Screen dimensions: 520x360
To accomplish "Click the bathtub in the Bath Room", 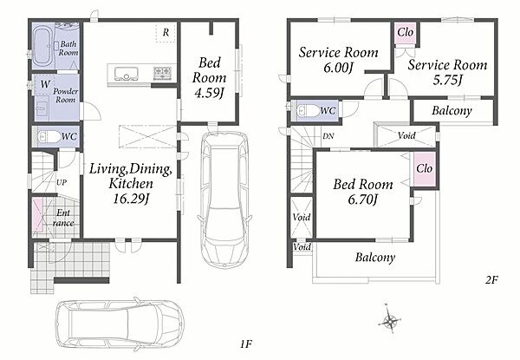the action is coord(43,46).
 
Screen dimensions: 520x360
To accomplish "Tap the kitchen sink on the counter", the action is coord(127,73).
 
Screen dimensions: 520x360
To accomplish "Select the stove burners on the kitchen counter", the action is coord(162,73).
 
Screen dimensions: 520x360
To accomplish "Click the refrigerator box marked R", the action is coord(166,33).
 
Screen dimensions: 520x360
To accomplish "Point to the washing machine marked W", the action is coord(43,85).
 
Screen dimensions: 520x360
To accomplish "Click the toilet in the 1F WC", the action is coord(49,136).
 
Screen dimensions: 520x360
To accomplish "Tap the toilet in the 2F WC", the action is coord(308,110).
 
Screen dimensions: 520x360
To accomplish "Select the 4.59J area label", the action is coord(209,93).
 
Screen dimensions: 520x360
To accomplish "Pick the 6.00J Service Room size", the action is coord(338,68).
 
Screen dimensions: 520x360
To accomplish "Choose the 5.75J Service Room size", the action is coord(447,80).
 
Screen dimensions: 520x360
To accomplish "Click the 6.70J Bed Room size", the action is coord(363,200).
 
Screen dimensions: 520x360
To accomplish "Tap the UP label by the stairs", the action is coord(62,182).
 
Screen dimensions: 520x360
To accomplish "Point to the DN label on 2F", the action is coord(328,136).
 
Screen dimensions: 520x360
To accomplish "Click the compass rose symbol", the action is coord(389,320).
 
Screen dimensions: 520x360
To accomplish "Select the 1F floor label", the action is coord(246,344).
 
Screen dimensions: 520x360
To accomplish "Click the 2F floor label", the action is coord(491,280).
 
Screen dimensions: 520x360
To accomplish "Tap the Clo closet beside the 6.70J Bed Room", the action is coord(425,168).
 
